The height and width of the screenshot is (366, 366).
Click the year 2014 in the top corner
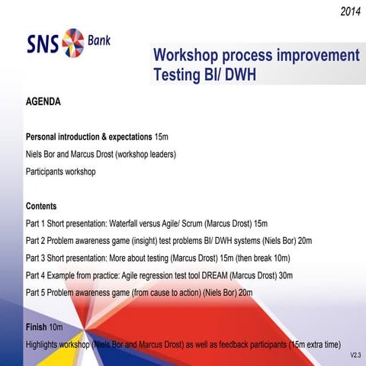(351, 11)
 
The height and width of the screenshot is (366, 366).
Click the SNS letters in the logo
(43, 40)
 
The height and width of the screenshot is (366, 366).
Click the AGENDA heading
(43, 101)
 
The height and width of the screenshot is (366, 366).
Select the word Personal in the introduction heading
(45, 137)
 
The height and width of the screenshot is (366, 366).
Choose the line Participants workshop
(60, 172)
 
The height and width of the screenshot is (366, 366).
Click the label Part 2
(36, 241)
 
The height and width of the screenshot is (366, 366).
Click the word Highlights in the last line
(45, 345)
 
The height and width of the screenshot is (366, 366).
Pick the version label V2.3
(355, 355)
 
